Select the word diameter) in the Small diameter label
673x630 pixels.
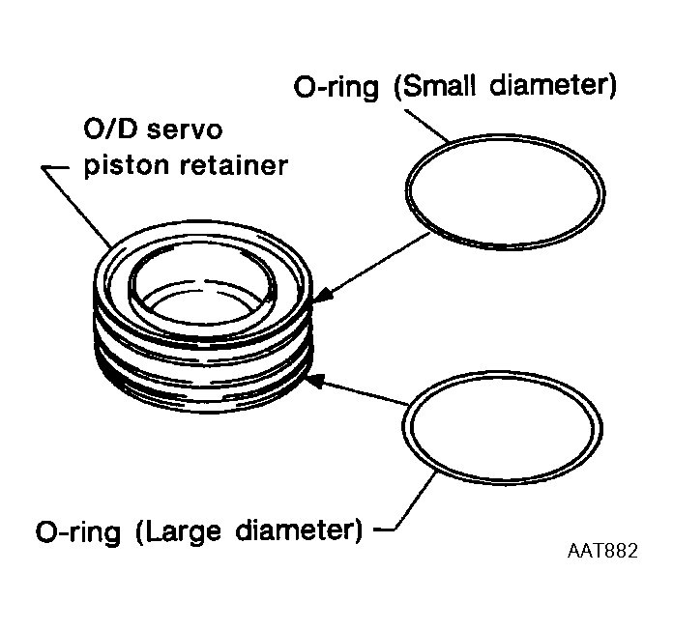(x=557, y=87)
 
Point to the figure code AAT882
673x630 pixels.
(x=602, y=553)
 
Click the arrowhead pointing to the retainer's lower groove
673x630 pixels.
(x=315, y=381)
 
